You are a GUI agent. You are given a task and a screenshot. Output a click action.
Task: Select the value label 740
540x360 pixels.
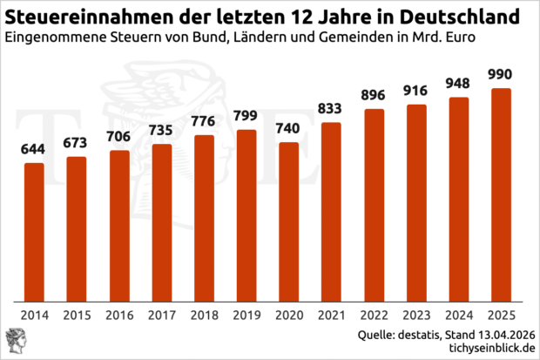tap(289, 128)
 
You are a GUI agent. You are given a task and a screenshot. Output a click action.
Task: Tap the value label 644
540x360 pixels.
tap(34, 149)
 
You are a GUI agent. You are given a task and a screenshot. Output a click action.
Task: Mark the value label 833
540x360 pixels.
tap(332, 109)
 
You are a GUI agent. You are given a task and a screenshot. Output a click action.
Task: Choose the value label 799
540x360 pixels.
tap(246, 116)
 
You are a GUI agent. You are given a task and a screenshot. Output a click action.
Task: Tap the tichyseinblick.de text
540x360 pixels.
tap(485, 349)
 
